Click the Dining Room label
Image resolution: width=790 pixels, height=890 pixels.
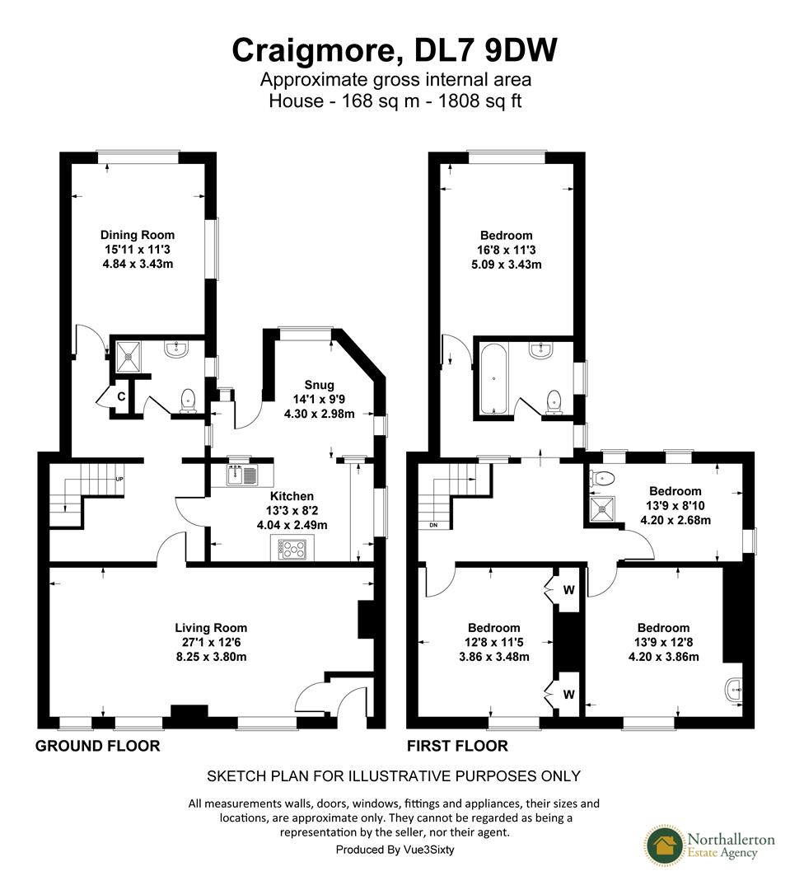[x=138, y=249]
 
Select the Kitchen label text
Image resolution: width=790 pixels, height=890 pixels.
[x=292, y=510]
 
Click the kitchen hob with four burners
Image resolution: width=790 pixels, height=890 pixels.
[x=292, y=550]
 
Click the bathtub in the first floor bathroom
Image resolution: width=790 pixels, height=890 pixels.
[x=492, y=380]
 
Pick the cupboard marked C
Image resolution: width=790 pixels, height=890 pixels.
[x=120, y=396]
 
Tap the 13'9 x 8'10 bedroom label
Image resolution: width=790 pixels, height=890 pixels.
[x=675, y=505]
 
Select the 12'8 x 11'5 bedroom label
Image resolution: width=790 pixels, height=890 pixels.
[x=494, y=642]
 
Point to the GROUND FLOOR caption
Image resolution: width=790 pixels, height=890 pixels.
[x=97, y=747]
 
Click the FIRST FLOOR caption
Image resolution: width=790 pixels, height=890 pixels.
[x=457, y=747]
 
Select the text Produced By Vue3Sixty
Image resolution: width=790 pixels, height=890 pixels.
[x=395, y=850]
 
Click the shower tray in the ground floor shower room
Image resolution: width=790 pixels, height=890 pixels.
[x=129, y=356]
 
